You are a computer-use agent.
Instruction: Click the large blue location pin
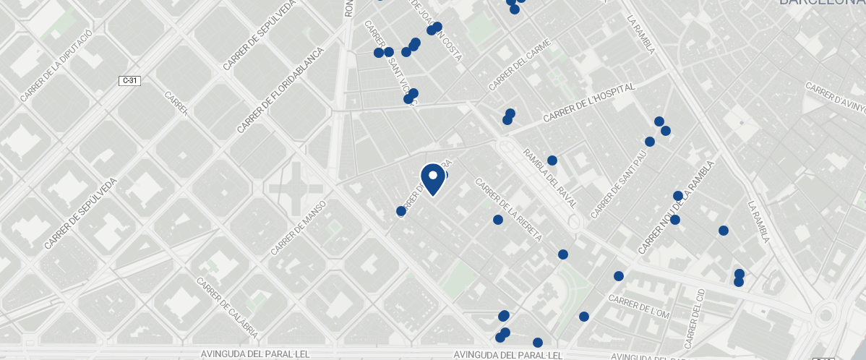coord(432,179)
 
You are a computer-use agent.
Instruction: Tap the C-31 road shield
coord(129,81)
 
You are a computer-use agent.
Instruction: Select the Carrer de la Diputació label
coord(56,65)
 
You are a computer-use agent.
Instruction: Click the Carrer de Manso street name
coord(299,228)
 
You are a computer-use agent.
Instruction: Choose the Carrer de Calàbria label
coord(227,308)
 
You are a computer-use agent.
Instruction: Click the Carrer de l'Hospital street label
coord(588,102)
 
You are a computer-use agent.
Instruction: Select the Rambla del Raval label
coord(550,179)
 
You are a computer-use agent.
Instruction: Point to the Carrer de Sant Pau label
coord(619,185)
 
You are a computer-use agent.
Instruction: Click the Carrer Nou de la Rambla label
coord(676,207)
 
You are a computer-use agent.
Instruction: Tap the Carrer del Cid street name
coord(694,316)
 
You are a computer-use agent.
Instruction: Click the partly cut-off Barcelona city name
coord(821,3)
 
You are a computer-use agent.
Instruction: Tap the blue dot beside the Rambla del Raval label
coord(552,160)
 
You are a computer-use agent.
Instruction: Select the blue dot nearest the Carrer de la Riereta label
coord(498,220)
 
